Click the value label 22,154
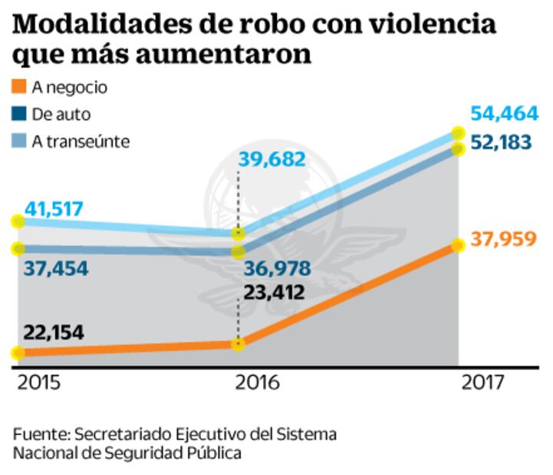tap(53, 332)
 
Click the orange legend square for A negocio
tap(20, 87)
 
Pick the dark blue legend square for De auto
tap(20, 114)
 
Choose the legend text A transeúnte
tap(81, 141)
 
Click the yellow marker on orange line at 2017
tap(459, 245)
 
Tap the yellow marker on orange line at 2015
tap(17, 353)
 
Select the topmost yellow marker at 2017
tap(459, 135)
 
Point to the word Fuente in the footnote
tap(38, 434)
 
